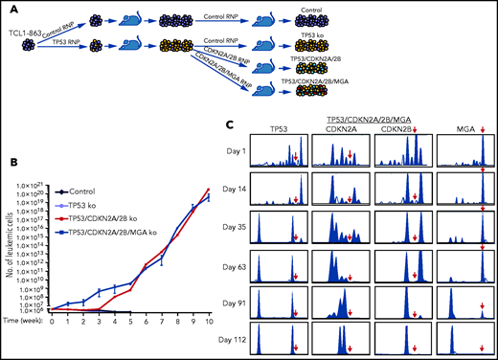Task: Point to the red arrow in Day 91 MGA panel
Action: pyautogui.click(x=482, y=305)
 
